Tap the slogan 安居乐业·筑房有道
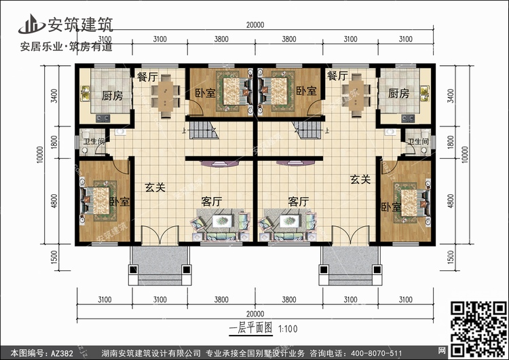point(66,47)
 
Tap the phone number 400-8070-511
point(381,353)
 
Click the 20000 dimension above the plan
point(254,26)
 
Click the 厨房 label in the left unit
point(112,95)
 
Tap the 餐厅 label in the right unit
point(337,76)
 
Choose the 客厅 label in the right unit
point(299,202)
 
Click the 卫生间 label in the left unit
point(94,142)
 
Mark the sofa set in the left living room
point(221,224)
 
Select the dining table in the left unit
point(166,94)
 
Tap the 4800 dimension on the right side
point(470,201)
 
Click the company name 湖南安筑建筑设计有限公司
point(153,353)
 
